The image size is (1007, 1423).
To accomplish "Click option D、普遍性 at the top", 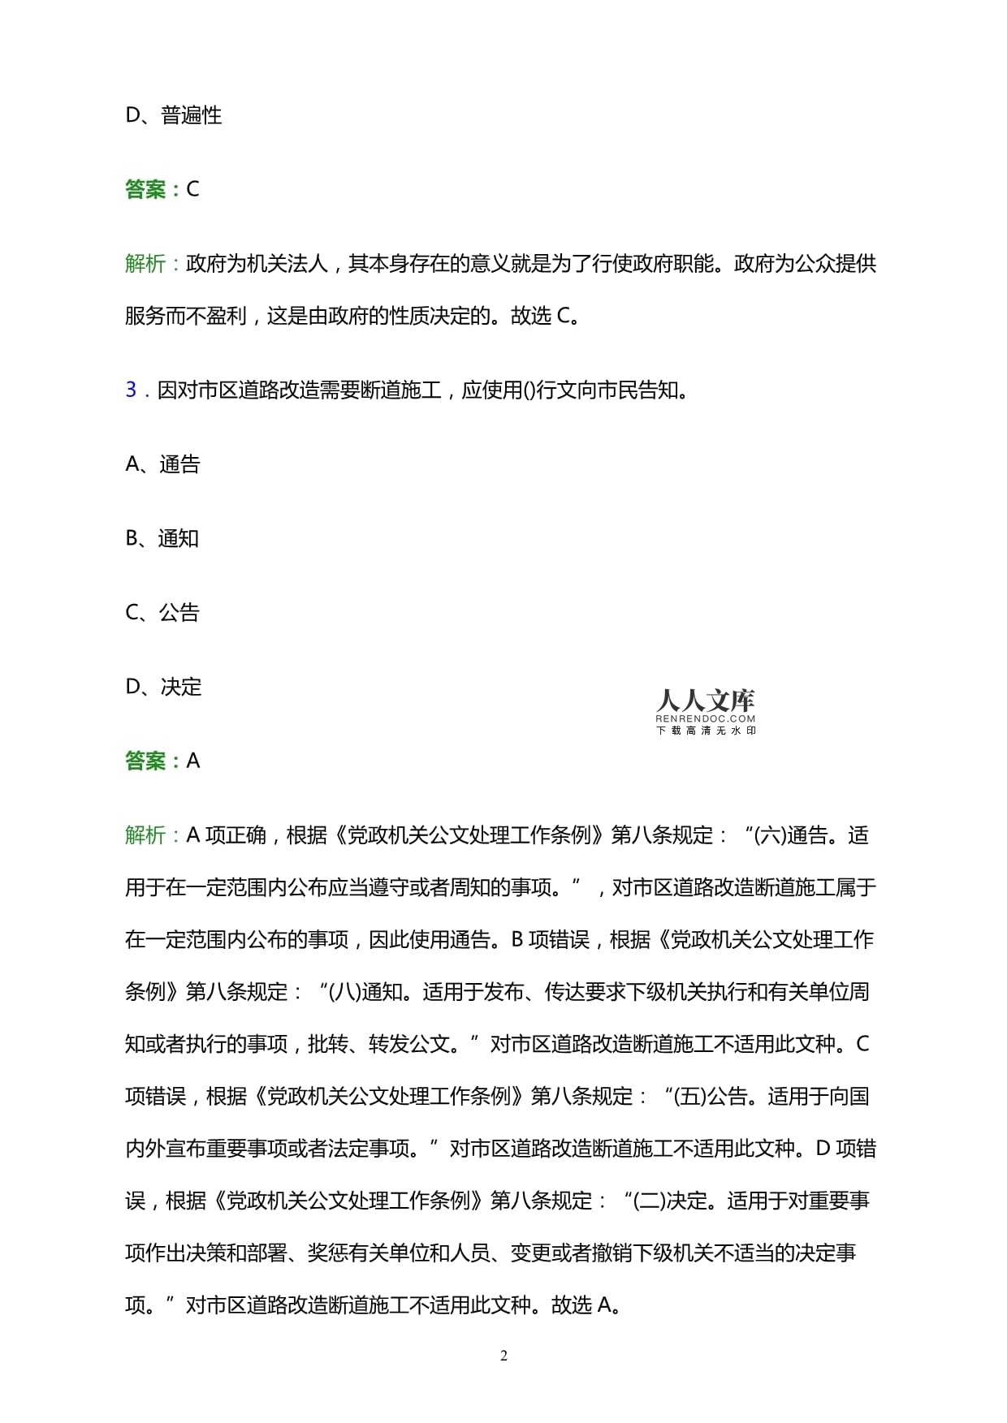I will (x=173, y=115).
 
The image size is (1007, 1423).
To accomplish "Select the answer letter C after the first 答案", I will (x=193, y=189).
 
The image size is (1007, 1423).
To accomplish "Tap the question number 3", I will (x=131, y=390).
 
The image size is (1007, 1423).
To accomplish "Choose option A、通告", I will (x=162, y=464).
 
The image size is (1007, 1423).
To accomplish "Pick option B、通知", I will (x=162, y=538).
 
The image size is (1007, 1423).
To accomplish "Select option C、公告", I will (x=162, y=613).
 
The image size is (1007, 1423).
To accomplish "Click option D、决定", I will (x=163, y=687).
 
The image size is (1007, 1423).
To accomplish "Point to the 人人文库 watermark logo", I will (x=705, y=701).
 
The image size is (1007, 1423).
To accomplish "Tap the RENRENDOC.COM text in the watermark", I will (x=705, y=718).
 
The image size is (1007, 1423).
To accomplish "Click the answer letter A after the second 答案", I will (x=193, y=761).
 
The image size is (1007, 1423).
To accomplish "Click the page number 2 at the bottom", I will (x=503, y=1356).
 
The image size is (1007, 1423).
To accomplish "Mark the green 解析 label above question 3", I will (x=145, y=264).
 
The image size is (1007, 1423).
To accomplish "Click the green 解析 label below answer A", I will (x=145, y=835).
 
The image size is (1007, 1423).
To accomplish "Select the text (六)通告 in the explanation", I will (x=792, y=835).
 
